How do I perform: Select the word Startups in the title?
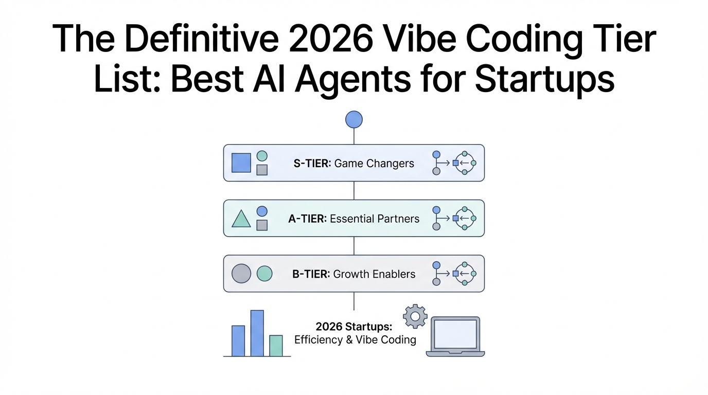click(544, 80)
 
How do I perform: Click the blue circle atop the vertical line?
click(353, 119)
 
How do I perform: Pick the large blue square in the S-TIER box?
click(241, 163)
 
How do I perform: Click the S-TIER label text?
click(312, 164)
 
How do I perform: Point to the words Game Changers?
click(374, 164)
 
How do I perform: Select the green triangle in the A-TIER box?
click(241, 219)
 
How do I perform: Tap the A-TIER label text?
click(308, 219)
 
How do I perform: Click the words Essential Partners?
click(375, 219)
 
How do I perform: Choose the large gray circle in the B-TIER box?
click(241, 273)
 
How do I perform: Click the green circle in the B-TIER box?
click(264, 273)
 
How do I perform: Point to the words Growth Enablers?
click(374, 274)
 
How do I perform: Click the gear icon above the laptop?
click(415, 316)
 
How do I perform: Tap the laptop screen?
click(455, 334)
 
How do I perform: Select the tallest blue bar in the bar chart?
click(257, 333)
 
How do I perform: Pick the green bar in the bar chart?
click(276, 346)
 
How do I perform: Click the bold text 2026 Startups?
click(354, 327)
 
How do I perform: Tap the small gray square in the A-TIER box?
click(262, 225)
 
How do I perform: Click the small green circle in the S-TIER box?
click(262, 156)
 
